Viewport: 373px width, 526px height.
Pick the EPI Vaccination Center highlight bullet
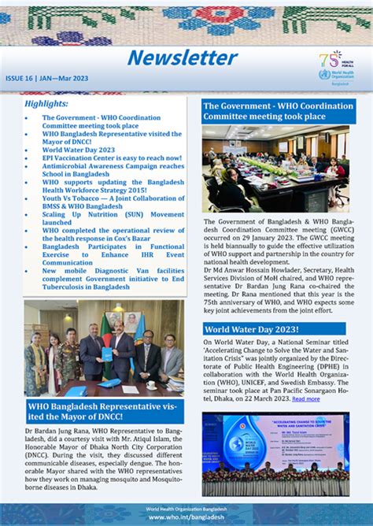tap(113, 157)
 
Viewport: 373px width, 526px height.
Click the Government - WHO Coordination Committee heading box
tap(278, 111)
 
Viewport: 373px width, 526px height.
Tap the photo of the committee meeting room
tap(275, 169)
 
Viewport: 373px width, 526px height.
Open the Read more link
tap(305, 399)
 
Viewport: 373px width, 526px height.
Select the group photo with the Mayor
tap(103, 347)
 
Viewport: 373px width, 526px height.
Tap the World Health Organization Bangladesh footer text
tap(186, 509)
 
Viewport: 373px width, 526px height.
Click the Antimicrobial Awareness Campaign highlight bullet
tap(113, 170)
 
